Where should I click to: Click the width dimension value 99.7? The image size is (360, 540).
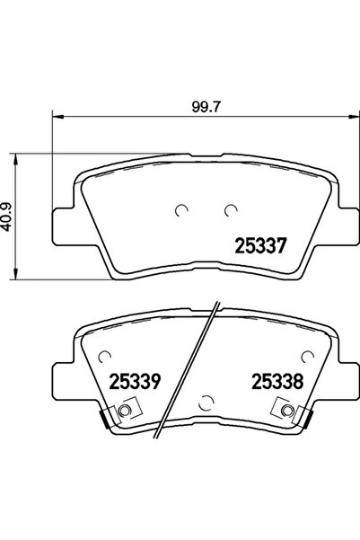click(x=190, y=106)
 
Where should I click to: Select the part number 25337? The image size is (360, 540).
click(x=259, y=244)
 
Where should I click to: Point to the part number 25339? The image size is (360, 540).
click(x=134, y=382)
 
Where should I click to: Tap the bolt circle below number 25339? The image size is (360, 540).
click(x=124, y=412)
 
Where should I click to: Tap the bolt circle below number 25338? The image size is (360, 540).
click(x=286, y=412)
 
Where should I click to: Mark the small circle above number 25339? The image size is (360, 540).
click(x=106, y=355)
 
